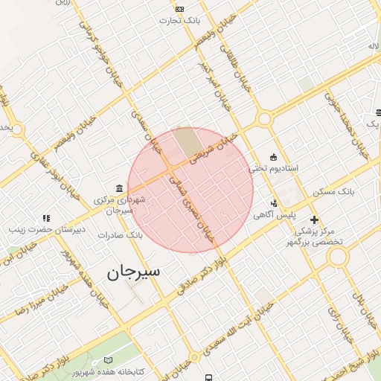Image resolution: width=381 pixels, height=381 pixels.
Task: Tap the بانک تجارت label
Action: click(x=180, y=20)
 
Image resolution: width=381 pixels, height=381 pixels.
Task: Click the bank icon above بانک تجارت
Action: click(x=179, y=9)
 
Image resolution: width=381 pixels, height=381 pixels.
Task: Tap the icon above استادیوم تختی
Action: click(x=274, y=157)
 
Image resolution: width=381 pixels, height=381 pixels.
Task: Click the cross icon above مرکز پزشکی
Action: click(x=315, y=220)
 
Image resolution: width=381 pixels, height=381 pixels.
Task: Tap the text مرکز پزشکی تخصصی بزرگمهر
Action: click(x=316, y=237)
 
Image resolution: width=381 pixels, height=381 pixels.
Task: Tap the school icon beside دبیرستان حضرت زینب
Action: click(x=46, y=218)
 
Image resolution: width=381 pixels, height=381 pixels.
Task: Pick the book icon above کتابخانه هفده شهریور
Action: click(x=109, y=359)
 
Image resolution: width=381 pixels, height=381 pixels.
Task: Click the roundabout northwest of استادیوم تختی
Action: click(x=263, y=118)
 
